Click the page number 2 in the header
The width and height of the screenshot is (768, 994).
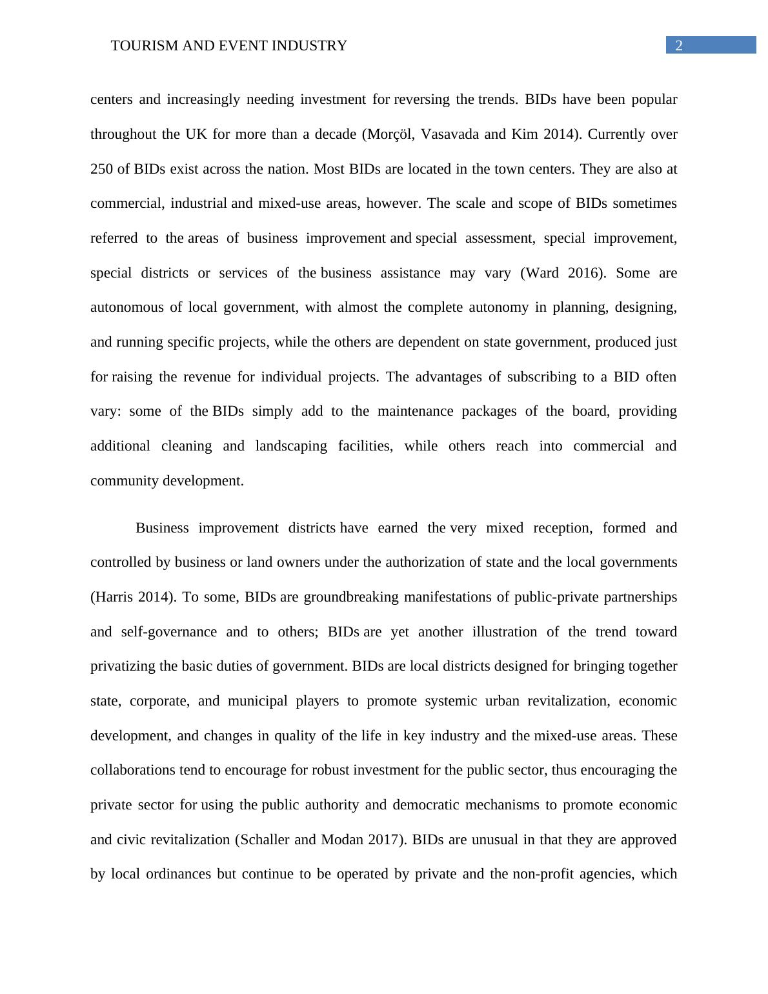tap(679, 45)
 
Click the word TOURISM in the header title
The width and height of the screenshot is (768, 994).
tap(139, 46)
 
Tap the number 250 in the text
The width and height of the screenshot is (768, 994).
tap(101, 169)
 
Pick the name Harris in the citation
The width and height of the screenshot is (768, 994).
tap(114, 597)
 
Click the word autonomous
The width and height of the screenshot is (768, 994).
tap(127, 307)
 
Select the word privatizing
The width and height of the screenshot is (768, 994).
tap(123, 666)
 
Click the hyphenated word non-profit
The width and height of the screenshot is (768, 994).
tap(542, 874)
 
